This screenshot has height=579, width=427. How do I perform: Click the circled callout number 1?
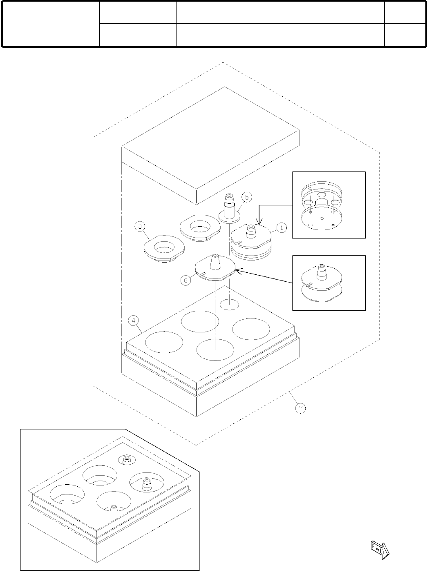282,228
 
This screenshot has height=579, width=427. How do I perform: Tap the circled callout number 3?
140,226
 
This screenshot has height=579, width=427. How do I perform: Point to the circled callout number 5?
246,197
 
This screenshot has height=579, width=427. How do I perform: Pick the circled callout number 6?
186,281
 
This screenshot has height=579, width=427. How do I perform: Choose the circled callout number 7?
300,408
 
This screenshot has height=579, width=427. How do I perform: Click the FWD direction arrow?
380,549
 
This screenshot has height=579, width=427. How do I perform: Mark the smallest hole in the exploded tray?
230,304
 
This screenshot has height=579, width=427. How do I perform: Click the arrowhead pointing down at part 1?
258,223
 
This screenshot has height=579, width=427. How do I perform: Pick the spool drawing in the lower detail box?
321,283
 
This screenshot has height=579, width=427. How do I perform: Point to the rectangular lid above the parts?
211,145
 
